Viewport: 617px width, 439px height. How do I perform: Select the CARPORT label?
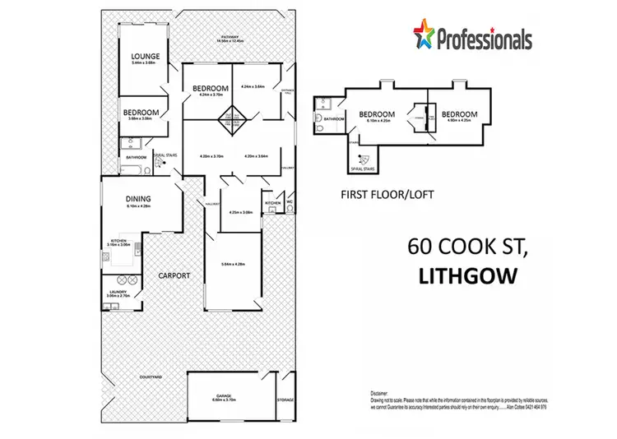click(x=175, y=275)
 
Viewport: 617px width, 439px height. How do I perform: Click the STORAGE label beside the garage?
click(x=285, y=400)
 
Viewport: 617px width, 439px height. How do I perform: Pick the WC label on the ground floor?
click(x=290, y=201)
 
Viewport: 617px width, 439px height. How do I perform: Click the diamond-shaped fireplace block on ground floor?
click(x=232, y=122)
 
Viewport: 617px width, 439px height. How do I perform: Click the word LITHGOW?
click(x=467, y=276)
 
